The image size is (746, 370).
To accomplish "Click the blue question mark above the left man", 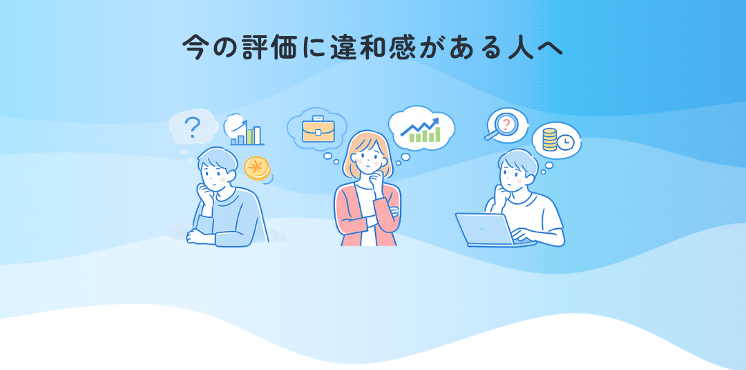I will [193, 127].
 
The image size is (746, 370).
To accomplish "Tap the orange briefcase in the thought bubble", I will [318, 129].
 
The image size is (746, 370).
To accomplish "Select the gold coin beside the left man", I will [257, 168].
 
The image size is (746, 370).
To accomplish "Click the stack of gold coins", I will [550, 140].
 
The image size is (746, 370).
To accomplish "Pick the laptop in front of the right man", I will [486, 230].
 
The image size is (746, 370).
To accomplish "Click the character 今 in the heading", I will [196, 46].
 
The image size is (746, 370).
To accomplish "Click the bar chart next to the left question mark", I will [247, 133].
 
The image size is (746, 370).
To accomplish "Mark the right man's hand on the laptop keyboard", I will [522, 239].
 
